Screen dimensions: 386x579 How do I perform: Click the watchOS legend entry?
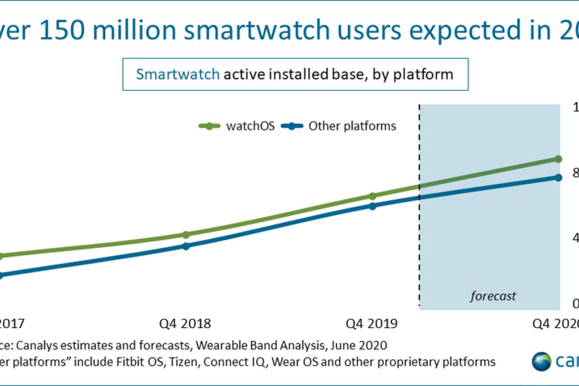tap(236, 126)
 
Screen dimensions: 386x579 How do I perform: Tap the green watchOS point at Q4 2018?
tap(186, 234)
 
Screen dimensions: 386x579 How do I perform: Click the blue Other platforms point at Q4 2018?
tap(186, 246)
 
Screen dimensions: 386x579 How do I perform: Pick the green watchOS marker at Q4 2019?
tap(372, 196)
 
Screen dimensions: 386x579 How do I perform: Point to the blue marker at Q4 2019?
tap(372, 206)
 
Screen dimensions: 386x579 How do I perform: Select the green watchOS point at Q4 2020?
tap(558, 159)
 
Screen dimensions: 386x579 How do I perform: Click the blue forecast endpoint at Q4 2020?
tap(558, 178)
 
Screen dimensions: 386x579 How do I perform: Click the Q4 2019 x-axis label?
tap(372, 323)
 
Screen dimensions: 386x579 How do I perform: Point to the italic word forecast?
tap(493, 295)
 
